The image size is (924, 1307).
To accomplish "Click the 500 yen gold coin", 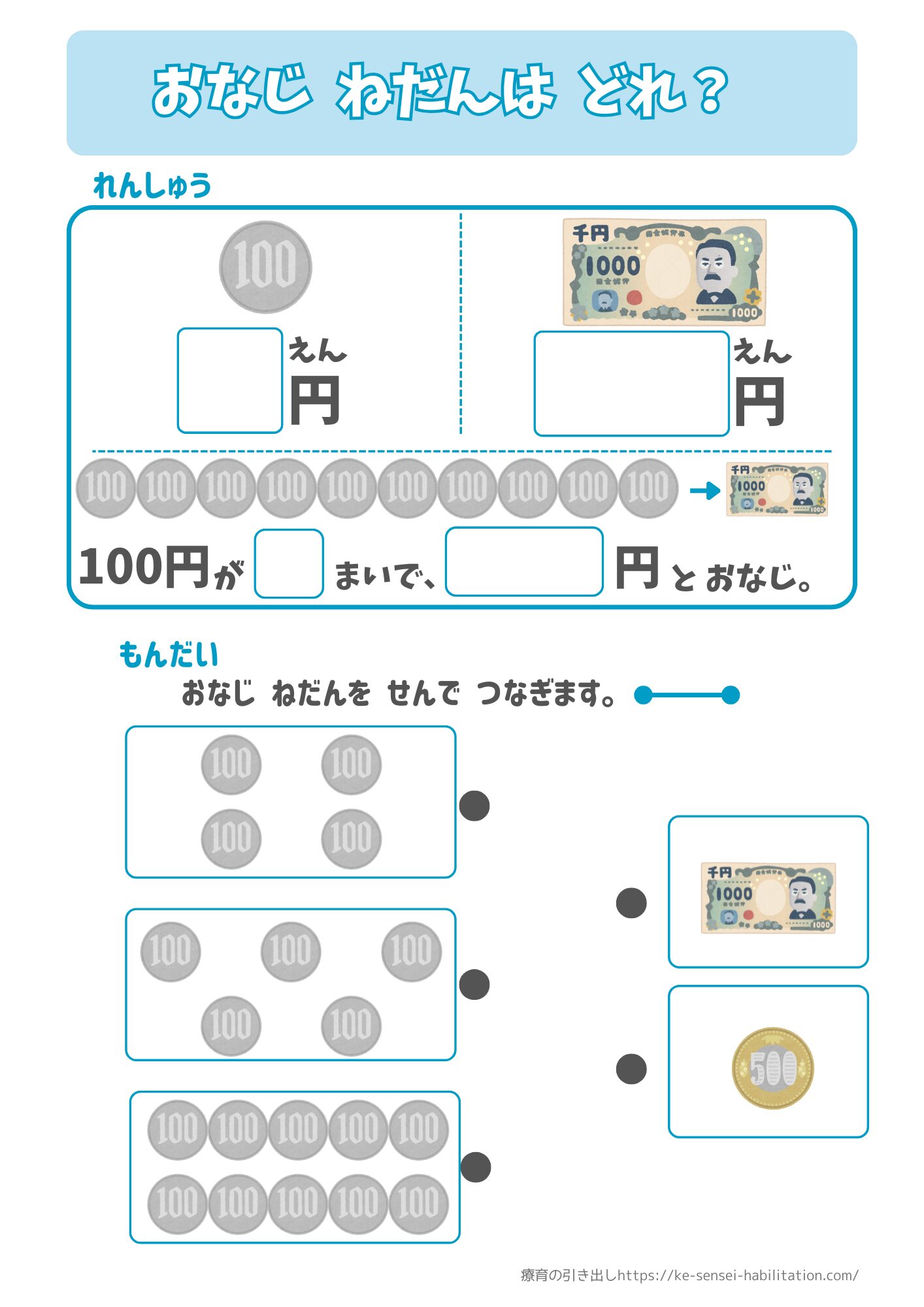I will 772,1068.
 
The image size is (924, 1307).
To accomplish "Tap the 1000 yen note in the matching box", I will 768,898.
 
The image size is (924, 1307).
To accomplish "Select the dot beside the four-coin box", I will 474,805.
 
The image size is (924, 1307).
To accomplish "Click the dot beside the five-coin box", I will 474,984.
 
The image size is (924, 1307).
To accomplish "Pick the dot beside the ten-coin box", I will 475,1167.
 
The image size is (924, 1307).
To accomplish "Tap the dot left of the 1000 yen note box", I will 631,902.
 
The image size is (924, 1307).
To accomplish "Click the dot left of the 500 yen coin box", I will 631,1068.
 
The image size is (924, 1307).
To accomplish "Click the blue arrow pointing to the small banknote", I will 705,490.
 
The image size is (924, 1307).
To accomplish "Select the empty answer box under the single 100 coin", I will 229,380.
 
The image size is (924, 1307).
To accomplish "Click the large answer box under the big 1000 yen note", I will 631,384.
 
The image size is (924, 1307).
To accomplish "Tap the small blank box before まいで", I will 289,563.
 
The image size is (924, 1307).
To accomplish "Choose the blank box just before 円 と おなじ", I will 524,562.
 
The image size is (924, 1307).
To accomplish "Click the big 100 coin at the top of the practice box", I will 265,267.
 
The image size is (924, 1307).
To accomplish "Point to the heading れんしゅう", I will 152,186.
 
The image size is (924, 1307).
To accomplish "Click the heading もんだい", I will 169,655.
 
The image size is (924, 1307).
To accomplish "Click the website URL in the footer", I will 738,1275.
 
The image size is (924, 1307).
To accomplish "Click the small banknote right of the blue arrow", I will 777,489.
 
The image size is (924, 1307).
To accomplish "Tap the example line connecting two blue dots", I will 687,695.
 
